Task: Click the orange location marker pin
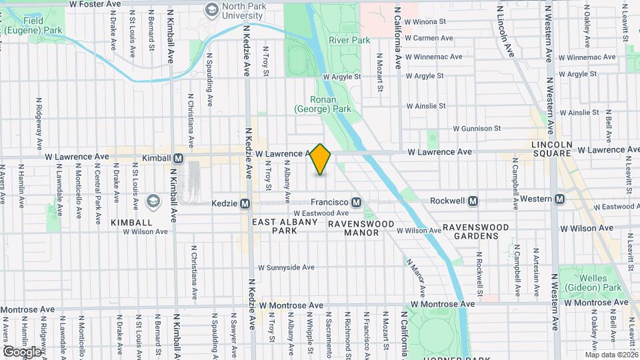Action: pyautogui.click(x=321, y=159)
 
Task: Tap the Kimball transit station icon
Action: pyautogui.click(x=178, y=159)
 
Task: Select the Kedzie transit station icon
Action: pyautogui.click(x=245, y=203)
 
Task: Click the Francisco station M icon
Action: pyautogui.click(x=357, y=202)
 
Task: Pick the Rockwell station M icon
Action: pyautogui.click(x=473, y=201)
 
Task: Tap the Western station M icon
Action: pyautogui.click(x=559, y=199)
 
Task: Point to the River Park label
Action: pyautogui.click(x=349, y=40)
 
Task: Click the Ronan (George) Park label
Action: pyautogui.click(x=330, y=103)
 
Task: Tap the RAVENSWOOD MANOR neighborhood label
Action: pyautogui.click(x=353, y=228)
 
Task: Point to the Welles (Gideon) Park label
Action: pyautogui.click(x=584, y=283)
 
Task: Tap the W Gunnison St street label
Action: pyautogui.click(x=476, y=128)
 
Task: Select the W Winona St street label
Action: pyautogui.click(x=425, y=21)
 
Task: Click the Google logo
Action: pyautogui.click(x=22, y=351)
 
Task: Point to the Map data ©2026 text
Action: pyautogui.click(x=611, y=355)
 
